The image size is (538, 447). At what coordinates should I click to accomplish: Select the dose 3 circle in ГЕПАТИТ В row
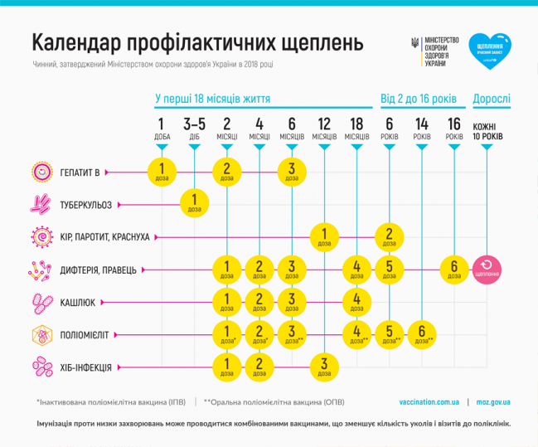point(292,172)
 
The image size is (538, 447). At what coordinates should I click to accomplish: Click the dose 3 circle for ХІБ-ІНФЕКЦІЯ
point(324,366)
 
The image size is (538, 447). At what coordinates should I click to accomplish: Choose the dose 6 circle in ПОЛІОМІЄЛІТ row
point(422,334)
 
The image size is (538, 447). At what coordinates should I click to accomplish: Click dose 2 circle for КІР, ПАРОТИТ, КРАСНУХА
point(389,236)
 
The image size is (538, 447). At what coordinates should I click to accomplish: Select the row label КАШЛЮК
point(77,302)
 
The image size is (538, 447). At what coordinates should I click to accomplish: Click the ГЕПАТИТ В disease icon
point(41,172)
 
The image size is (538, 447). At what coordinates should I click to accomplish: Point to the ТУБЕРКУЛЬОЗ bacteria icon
point(41,203)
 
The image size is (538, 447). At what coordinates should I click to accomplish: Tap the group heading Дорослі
point(492,100)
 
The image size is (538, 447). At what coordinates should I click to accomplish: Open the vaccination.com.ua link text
point(429,401)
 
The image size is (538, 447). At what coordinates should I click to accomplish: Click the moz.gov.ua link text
point(493,401)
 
